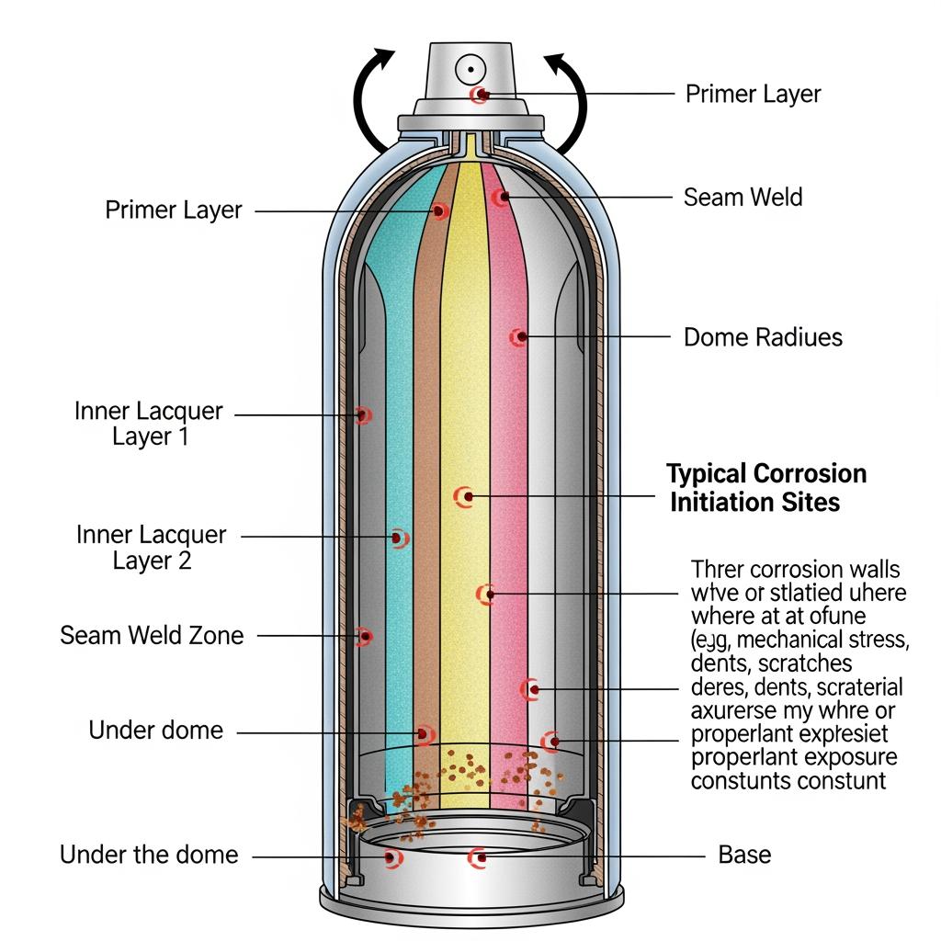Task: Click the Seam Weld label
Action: click(x=743, y=197)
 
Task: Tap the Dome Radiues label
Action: click(x=763, y=337)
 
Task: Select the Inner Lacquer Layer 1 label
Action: click(x=149, y=423)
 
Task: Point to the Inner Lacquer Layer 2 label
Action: click(x=152, y=547)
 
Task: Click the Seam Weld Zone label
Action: click(x=152, y=635)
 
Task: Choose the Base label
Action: click(x=744, y=855)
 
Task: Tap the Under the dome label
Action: click(x=149, y=855)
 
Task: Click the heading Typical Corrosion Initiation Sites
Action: click(x=765, y=488)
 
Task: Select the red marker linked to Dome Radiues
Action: click(x=518, y=337)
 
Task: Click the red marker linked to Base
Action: click(x=478, y=858)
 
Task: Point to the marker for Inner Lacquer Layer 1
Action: click(x=364, y=415)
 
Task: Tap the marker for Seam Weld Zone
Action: click(x=365, y=635)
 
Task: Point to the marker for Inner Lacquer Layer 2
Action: click(x=399, y=537)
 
